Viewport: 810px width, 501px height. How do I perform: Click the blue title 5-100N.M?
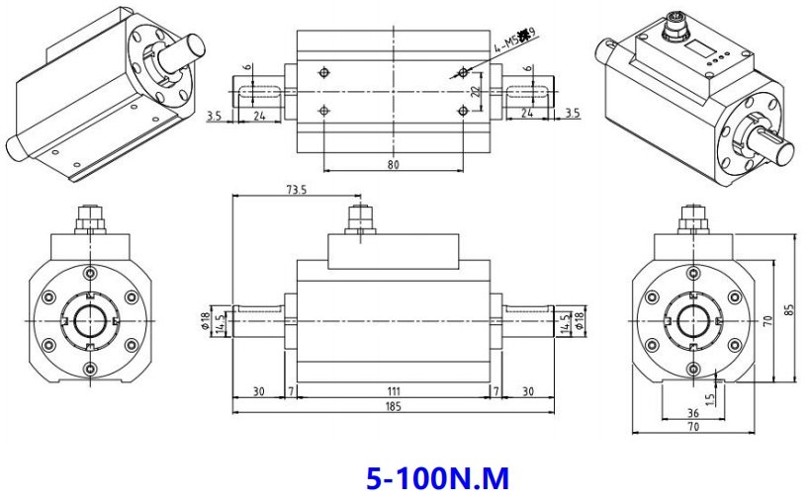point(437,479)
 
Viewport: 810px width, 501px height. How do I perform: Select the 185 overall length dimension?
point(394,407)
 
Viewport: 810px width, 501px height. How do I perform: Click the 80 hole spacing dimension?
point(394,165)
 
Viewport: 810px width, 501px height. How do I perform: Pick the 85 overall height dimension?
point(788,308)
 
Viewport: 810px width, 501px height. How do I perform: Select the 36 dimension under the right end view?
point(692,413)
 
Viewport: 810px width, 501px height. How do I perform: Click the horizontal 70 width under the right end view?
point(692,428)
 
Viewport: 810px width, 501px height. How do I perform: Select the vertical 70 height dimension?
point(766,320)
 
